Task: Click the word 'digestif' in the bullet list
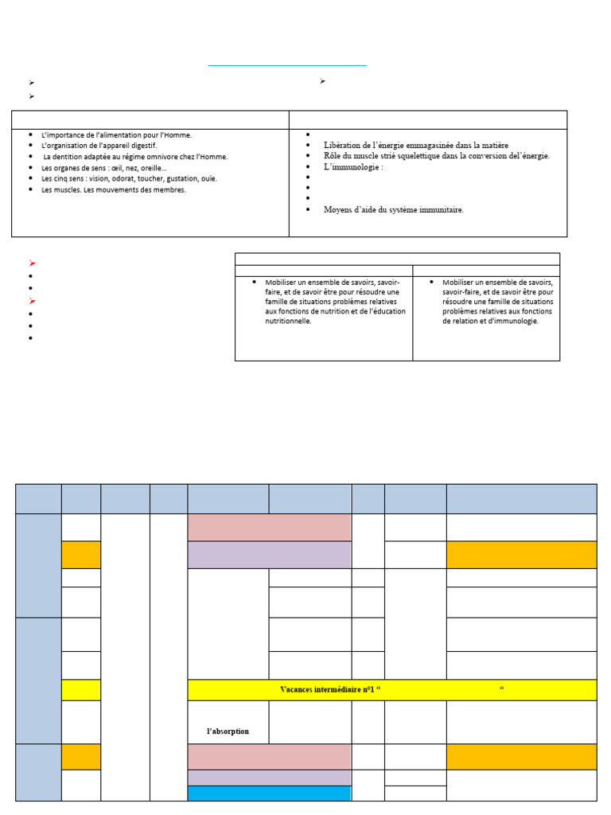144,146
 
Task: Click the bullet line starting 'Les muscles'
113,189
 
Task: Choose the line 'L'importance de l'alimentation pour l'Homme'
116,135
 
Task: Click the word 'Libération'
343,145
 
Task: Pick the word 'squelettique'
422,156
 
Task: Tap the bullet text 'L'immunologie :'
353,167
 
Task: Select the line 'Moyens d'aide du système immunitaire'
393,210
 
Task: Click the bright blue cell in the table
269,794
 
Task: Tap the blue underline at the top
287,65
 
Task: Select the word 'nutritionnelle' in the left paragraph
289,321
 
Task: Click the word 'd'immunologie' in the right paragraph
515,321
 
